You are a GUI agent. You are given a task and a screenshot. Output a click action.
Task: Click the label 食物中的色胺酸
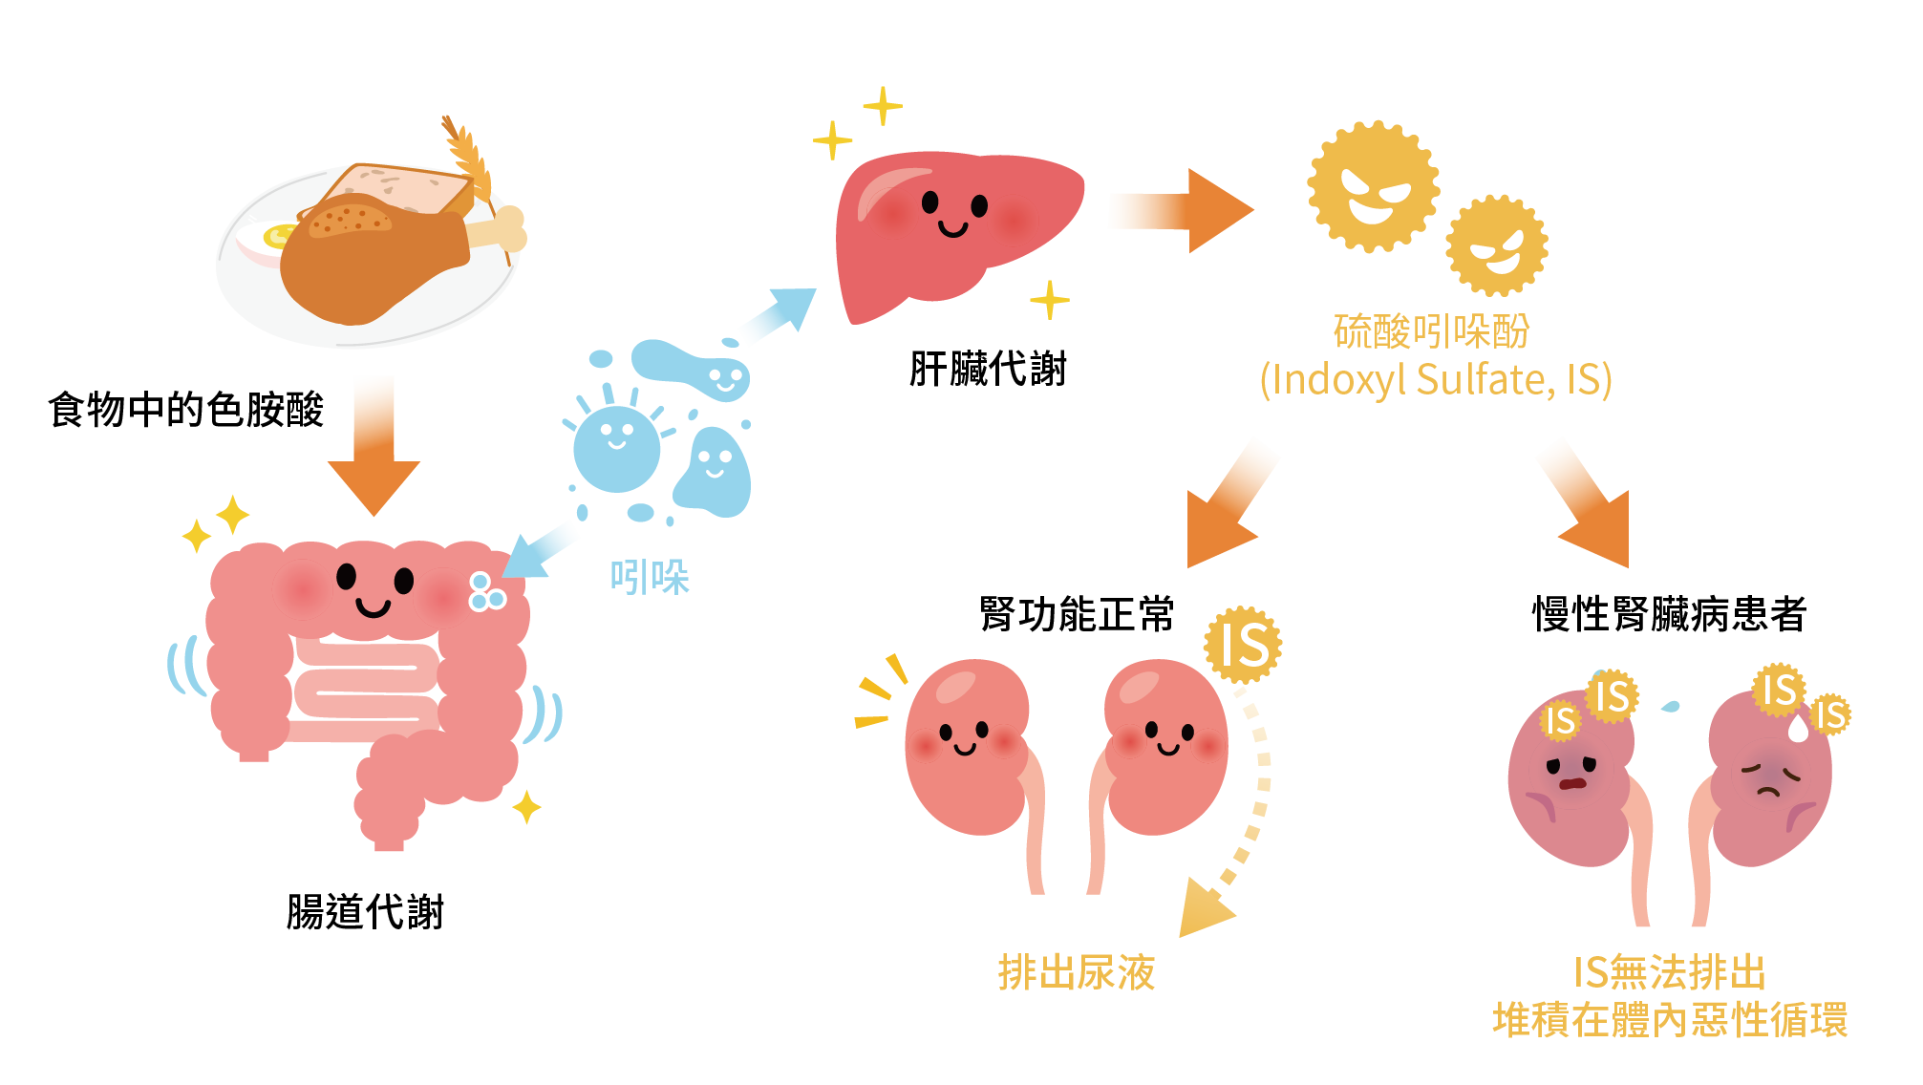pos(186,410)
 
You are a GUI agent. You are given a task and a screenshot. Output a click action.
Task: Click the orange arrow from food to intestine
pos(374,445)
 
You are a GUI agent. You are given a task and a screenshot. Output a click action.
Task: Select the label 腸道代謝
pos(365,911)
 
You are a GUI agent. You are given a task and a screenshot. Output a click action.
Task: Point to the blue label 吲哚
pos(650,578)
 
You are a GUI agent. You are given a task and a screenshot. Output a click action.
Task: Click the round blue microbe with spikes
pos(616,447)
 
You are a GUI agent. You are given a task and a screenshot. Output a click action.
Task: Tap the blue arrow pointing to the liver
pos(779,313)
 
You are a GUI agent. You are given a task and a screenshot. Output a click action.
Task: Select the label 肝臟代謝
pos(988,369)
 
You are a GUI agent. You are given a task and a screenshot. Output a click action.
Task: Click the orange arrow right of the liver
pos(1182,211)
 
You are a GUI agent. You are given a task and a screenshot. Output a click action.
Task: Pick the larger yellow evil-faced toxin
pos(1373,187)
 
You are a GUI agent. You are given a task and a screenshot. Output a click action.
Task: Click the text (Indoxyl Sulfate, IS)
pos(1436,379)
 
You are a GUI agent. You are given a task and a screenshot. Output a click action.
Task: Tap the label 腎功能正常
pos(1077,614)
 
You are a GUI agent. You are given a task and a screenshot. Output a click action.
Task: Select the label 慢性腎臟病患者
pos(1670,614)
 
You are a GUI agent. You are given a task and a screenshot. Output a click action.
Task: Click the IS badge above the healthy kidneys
pos(1243,645)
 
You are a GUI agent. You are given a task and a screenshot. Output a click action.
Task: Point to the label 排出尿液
pos(1077,972)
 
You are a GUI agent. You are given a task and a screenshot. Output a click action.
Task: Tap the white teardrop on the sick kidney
pos(1799,729)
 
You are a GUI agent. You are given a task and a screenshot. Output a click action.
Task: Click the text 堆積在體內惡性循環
pos(1670,1020)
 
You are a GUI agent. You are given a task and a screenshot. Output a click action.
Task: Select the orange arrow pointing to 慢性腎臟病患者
pos(1586,506)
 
